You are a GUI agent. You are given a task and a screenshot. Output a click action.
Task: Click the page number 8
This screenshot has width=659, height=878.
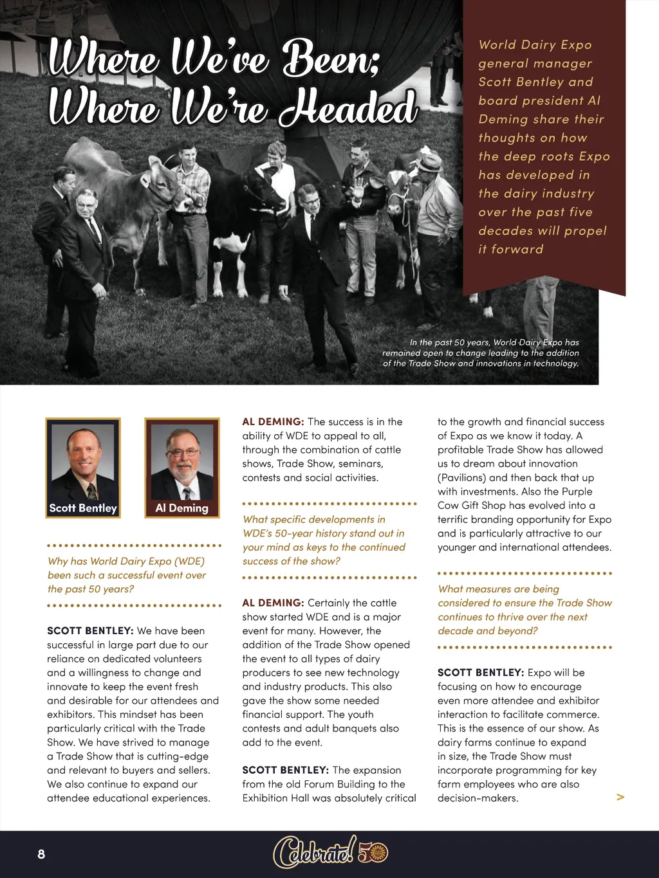(x=41, y=854)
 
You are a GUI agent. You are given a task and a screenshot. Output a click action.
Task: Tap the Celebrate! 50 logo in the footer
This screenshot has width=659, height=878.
(x=330, y=853)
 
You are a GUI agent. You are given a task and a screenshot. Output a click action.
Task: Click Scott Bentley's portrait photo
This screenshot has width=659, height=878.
(x=83, y=461)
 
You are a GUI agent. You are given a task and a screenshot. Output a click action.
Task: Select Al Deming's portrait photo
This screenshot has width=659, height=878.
(x=182, y=461)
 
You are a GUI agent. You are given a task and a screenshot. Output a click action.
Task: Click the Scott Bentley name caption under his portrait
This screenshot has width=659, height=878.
(x=83, y=508)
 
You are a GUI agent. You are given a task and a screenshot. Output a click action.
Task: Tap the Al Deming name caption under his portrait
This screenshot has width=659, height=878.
(x=182, y=508)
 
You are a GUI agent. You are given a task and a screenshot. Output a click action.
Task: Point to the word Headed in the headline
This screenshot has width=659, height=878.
(x=348, y=107)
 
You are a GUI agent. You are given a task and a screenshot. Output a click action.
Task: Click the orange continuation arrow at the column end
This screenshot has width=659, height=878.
(x=620, y=797)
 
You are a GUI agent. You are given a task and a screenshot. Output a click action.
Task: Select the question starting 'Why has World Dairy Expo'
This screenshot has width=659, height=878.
(x=127, y=575)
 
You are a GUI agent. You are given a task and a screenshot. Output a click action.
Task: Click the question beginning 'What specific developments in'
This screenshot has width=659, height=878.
(x=324, y=540)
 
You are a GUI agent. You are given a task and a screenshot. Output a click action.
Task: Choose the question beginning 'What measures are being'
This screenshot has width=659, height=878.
(x=524, y=610)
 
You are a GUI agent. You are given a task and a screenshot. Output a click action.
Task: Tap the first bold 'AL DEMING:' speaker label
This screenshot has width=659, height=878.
(x=273, y=422)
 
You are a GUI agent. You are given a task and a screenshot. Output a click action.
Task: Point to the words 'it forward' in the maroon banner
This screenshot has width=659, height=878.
(x=511, y=250)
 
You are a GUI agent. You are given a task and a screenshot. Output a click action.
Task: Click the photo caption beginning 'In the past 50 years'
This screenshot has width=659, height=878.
(x=481, y=353)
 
